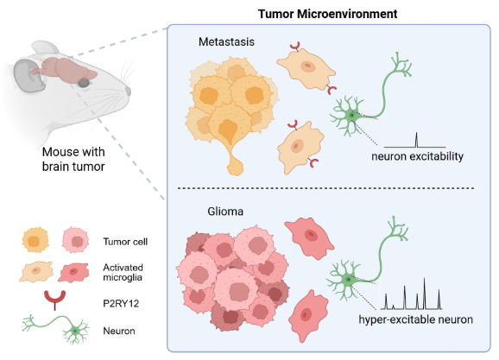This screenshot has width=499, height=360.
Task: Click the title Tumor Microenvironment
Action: coord(327,14)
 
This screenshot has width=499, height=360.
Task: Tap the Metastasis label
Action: coord(226,41)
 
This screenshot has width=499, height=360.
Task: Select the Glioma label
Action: coord(225,212)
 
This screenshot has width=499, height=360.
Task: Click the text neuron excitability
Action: coord(417,156)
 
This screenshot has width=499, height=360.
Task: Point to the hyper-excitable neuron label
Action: coord(415,319)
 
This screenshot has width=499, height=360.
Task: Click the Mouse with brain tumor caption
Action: coord(73,159)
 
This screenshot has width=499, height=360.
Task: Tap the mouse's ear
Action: coord(28,76)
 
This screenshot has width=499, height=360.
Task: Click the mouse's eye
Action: coord(84,83)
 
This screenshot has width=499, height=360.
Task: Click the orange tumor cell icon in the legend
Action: coord(35,240)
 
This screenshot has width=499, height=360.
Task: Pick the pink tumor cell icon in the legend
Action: coord(75,240)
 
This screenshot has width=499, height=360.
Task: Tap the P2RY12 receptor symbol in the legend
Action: coord(54,300)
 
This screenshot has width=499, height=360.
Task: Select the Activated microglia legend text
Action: coord(123,272)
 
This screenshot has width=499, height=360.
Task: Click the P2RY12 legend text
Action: coord(121,304)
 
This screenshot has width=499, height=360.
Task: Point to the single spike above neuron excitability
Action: coord(416,140)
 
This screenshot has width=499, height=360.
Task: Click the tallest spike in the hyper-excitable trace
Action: coord(424,294)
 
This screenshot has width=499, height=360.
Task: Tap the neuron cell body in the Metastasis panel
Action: coord(351,115)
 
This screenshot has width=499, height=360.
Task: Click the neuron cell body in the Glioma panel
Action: coord(348,280)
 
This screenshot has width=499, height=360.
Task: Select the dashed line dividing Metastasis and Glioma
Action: coord(325,188)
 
